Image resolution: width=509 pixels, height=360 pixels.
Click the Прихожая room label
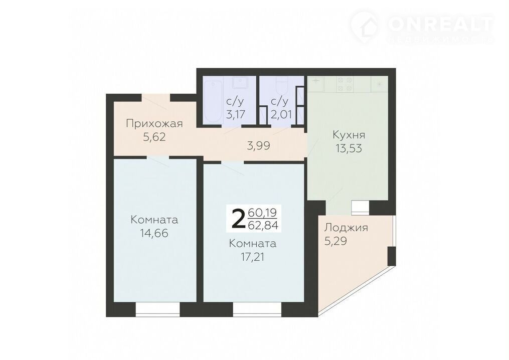coord(154,123)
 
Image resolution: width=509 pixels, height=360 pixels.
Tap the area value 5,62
coord(154,137)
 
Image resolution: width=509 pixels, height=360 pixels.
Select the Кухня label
coord(349,134)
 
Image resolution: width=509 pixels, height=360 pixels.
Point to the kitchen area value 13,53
coord(349,148)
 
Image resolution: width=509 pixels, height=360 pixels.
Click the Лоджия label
coord(346,228)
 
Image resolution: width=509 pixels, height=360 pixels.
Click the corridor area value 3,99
coord(259,146)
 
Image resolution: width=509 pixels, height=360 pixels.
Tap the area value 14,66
coord(154,233)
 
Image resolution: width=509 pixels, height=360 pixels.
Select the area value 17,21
coord(253,257)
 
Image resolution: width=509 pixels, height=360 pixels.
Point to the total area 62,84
coord(263,225)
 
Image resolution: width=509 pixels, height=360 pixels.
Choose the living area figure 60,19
coord(262,213)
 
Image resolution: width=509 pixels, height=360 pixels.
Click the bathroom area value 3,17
coord(236,115)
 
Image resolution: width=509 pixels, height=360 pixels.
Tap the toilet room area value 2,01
coord(281,115)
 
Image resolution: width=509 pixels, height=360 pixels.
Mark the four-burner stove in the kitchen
coord(345,83)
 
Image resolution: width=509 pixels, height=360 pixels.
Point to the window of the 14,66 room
coord(157,310)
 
